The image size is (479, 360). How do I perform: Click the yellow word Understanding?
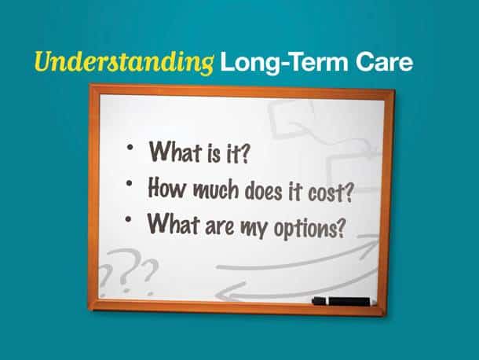[x=124, y=63]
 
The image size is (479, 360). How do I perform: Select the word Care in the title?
[x=384, y=62]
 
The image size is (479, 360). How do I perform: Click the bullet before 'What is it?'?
[x=130, y=147]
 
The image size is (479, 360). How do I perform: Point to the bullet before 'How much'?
[x=130, y=183]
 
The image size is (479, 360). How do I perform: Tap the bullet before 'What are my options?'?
[x=128, y=219]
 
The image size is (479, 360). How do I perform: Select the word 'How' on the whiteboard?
[x=166, y=187]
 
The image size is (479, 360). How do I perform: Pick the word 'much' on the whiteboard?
[x=216, y=189]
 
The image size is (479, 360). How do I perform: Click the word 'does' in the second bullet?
[x=264, y=191]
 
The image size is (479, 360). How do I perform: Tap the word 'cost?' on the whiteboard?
[x=331, y=193]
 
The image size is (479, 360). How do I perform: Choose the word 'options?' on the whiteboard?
[x=309, y=229]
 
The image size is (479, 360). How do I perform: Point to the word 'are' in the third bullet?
[x=219, y=226]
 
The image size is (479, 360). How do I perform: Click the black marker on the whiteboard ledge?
[x=342, y=301]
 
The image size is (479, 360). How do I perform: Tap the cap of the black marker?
[x=320, y=301]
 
